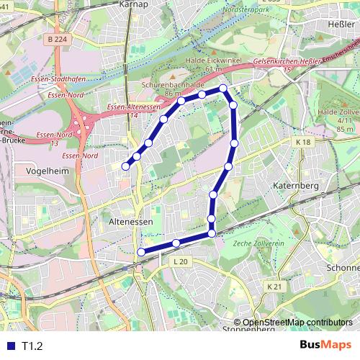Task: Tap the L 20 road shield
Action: click(x=180, y=261)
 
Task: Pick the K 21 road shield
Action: click(x=274, y=287)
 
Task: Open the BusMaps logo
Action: click(x=326, y=345)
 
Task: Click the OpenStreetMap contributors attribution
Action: click(x=297, y=323)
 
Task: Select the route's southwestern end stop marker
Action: click(x=141, y=252)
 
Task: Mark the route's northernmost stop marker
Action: click(x=223, y=89)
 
